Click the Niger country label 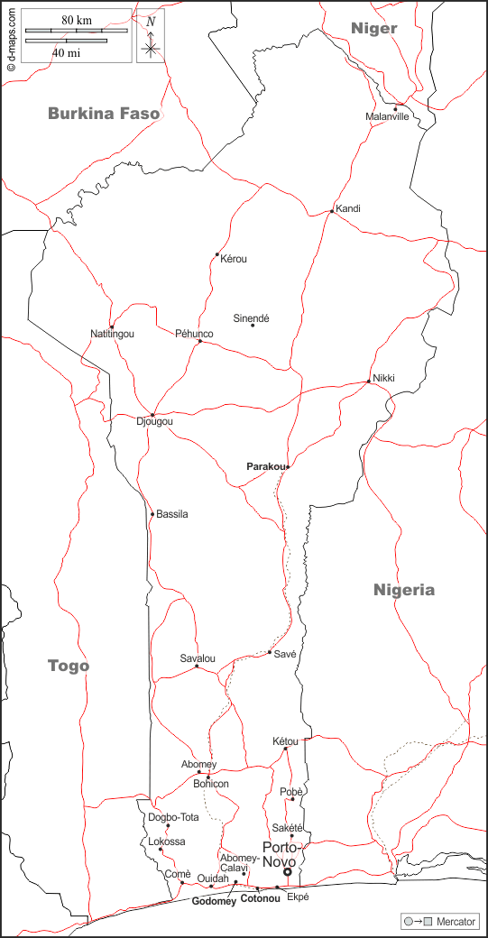[373, 29]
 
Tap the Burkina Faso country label [104, 114]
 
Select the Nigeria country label [404, 590]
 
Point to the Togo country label [69, 666]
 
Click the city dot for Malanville [395, 109]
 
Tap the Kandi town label [348, 208]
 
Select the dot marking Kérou [217, 255]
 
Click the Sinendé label [252, 317]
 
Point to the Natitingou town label [112, 334]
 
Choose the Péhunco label [194, 334]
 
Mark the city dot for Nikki [368, 382]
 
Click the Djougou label [153, 421]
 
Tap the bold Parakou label [266, 466]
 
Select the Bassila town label [172, 514]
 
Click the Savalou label [198, 658]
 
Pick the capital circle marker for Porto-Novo [288, 872]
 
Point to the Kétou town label [285, 740]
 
